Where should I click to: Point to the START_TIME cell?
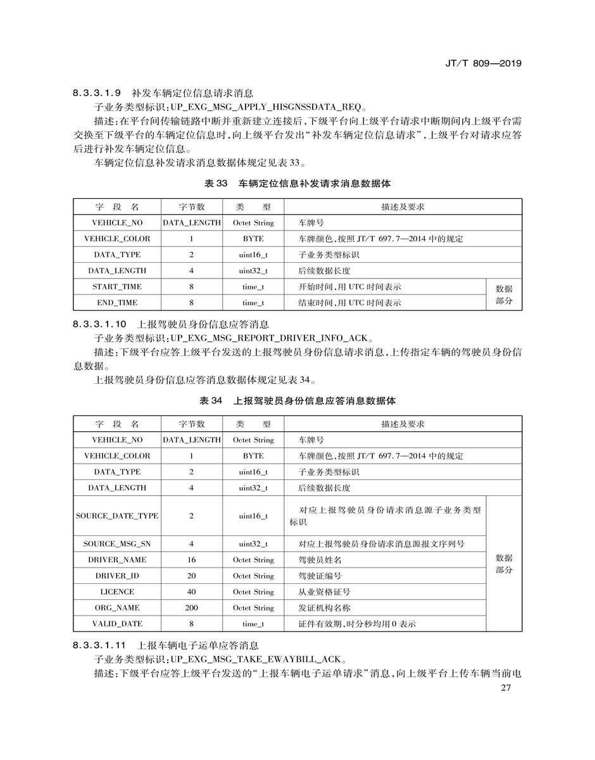point(117,287)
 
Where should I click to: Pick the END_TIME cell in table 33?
point(117,303)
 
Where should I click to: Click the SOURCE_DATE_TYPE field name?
point(117,516)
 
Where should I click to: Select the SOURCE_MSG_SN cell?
point(117,544)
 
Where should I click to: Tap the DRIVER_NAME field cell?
point(117,560)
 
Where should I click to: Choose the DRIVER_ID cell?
point(117,576)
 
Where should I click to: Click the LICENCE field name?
point(117,592)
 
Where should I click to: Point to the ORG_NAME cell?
point(117,608)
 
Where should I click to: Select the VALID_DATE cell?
point(117,624)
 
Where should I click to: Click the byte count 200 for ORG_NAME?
point(191,608)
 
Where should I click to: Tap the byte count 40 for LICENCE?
point(191,592)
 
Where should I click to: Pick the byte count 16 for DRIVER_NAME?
point(191,560)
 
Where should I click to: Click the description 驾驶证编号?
point(320,576)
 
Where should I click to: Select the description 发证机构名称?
point(324,608)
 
